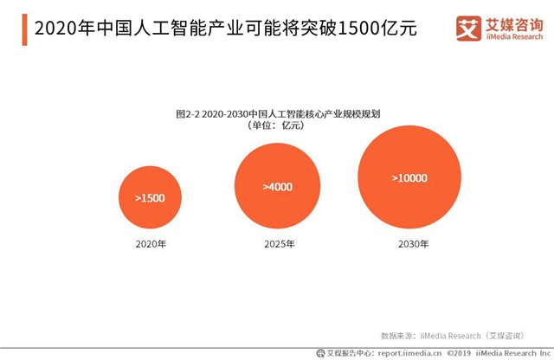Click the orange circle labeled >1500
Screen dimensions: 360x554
[x=150, y=198]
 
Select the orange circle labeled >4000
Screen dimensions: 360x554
[x=277, y=187]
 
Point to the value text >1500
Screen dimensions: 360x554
[x=150, y=198]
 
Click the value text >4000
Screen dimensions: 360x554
[x=277, y=186]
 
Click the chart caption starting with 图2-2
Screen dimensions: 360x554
[x=277, y=113]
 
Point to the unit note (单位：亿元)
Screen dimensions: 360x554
[x=276, y=126]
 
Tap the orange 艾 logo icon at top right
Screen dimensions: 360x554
[x=470, y=29]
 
